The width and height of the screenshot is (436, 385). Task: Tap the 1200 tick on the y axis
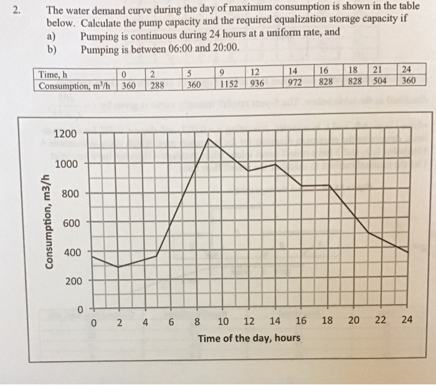(x=65, y=134)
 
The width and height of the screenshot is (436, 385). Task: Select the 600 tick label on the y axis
(x=69, y=222)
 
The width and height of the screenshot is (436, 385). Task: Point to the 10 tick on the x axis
(x=223, y=322)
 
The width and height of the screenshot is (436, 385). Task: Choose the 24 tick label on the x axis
(x=407, y=319)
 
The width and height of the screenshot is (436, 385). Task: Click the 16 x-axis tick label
(x=301, y=321)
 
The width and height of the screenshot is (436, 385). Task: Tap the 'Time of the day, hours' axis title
(x=249, y=338)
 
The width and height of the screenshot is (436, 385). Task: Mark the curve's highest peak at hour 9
(x=208, y=139)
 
